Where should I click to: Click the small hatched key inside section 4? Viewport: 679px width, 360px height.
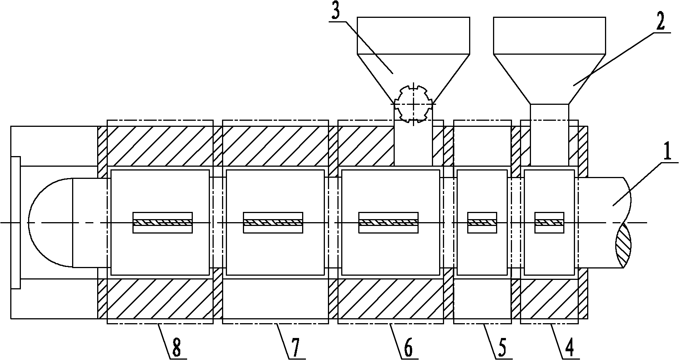(549, 222)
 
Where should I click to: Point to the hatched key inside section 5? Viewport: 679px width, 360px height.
(482, 222)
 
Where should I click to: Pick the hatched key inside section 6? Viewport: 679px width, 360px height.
(388, 222)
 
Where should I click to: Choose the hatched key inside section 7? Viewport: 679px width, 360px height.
(273, 222)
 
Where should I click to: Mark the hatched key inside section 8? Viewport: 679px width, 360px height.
(162, 222)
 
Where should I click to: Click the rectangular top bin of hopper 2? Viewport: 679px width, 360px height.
(549, 35)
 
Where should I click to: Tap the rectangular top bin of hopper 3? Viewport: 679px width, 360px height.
(413, 35)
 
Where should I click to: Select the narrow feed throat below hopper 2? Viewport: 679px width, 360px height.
(549, 135)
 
